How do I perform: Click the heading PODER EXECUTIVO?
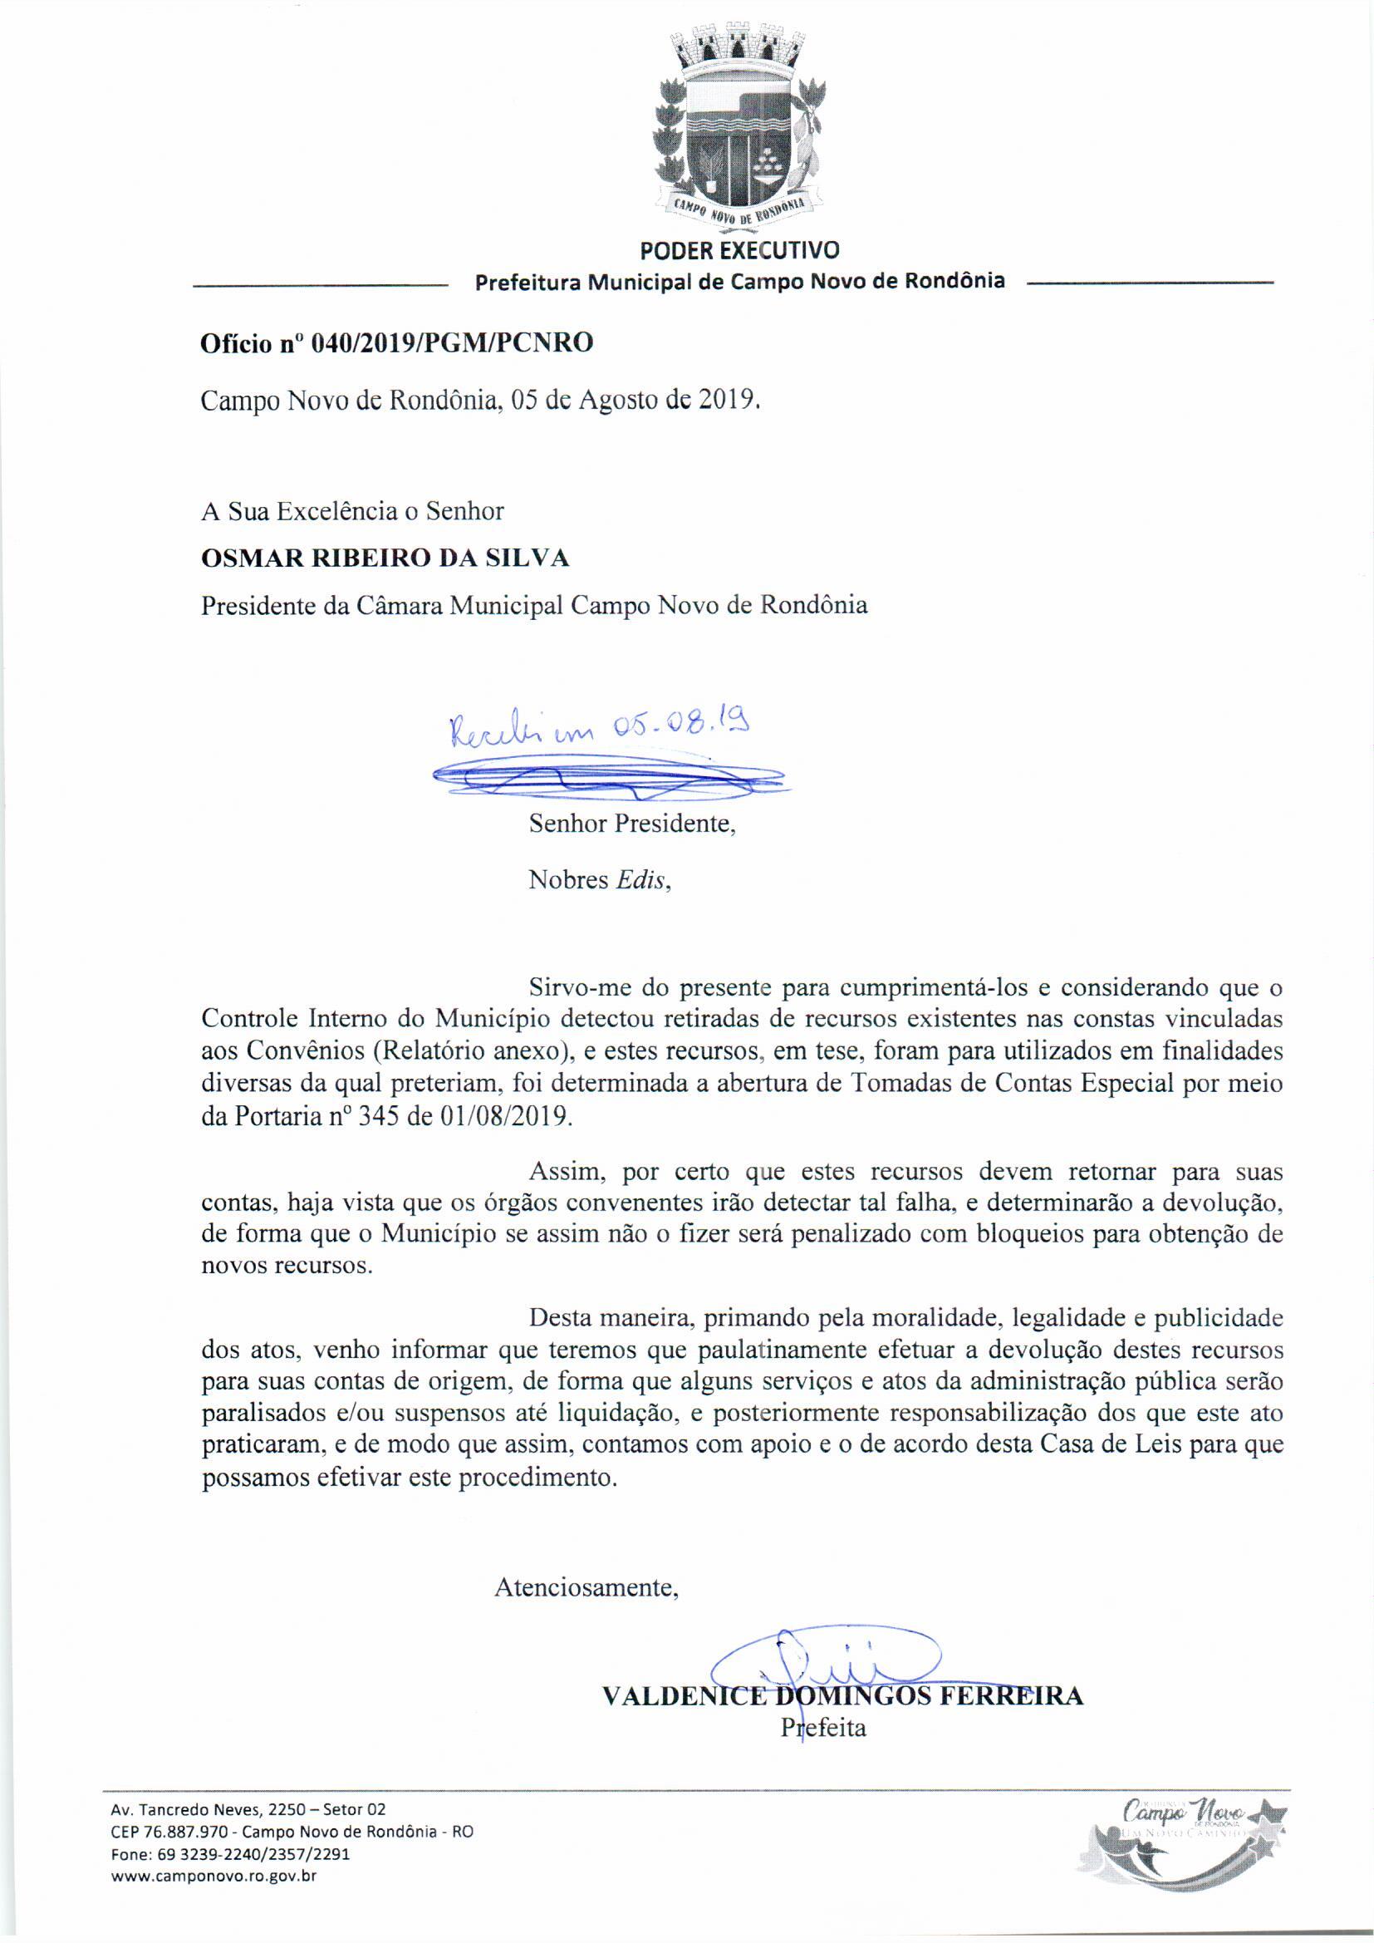[739, 250]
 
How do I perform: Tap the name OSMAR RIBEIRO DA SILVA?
[385, 558]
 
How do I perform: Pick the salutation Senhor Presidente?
[632, 824]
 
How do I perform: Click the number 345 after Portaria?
[376, 1116]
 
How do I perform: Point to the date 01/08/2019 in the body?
[504, 1116]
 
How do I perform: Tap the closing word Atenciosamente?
[586, 1587]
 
